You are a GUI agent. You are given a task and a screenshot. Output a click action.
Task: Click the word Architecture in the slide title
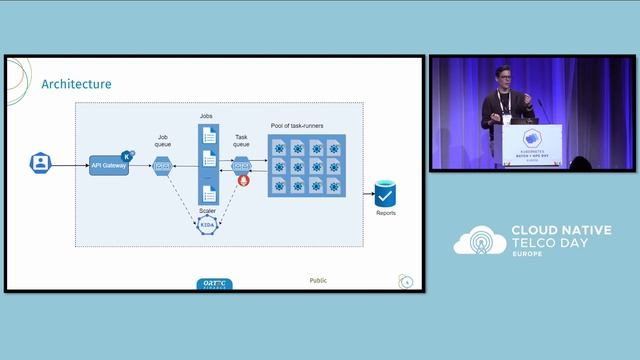click(x=76, y=84)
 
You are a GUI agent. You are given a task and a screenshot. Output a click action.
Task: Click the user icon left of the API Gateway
click(x=39, y=163)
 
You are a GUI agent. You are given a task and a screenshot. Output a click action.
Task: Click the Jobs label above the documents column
click(x=206, y=117)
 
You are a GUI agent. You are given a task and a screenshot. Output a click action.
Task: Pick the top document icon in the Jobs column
click(x=208, y=135)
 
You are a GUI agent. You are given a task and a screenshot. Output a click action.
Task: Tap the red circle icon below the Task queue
click(x=241, y=182)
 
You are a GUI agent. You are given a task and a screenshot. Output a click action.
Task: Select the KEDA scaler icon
click(x=207, y=226)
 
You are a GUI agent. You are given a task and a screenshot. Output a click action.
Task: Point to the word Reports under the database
click(x=386, y=213)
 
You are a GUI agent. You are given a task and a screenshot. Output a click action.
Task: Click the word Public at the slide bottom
click(x=318, y=281)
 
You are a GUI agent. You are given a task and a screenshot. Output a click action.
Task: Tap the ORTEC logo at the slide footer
click(x=215, y=284)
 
